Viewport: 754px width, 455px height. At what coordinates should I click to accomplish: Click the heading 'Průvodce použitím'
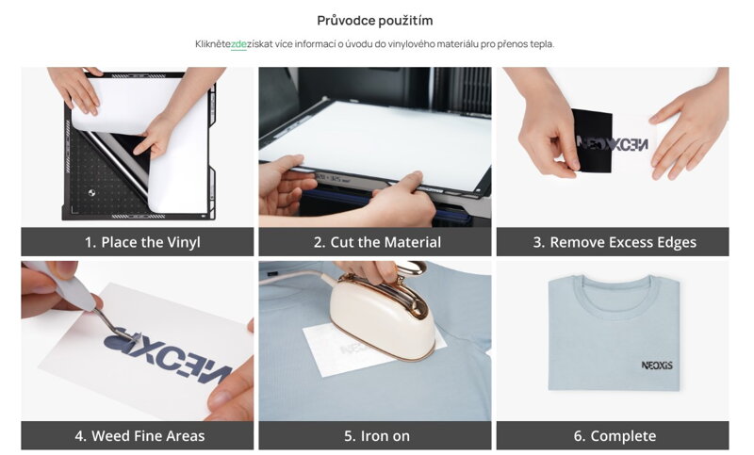click(375, 21)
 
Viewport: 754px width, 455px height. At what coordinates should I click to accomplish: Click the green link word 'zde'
click(238, 44)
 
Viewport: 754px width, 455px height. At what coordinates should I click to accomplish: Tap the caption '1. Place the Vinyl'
click(142, 242)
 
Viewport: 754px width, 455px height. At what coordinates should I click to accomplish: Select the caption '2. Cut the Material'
click(377, 242)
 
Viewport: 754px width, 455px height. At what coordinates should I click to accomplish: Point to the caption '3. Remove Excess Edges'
click(615, 242)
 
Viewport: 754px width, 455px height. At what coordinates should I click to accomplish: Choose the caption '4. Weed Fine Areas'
click(139, 436)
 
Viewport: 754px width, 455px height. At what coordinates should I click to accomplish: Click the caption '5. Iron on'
click(377, 436)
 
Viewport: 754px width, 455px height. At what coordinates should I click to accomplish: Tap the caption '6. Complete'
click(615, 436)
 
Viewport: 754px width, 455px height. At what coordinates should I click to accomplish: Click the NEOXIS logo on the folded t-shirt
click(657, 366)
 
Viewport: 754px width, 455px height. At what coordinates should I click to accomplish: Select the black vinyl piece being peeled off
click(593, 140)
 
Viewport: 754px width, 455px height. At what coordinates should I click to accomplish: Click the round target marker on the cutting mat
click(91, 193)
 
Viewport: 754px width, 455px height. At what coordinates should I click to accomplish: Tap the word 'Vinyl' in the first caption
click(184, 242)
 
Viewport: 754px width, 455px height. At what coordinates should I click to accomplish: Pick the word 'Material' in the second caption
click(413, 242)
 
